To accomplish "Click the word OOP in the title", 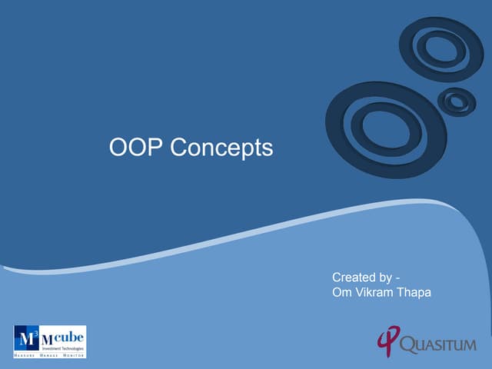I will pyautogui.click(x=135, y=147).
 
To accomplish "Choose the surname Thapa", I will pyautogui.click(x=414, y=292).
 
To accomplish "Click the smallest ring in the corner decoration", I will pyautogui.click(x=457, y=101).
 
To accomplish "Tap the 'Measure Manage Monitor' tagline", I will pyautogui.click(x=49, y=356).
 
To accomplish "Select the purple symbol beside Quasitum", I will pyautogui.click(x=387, y=341).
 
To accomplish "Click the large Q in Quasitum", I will pyautogui.click(x=411, y=344).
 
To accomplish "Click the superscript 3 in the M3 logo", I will pyautogui.click(x=32, y=332).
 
